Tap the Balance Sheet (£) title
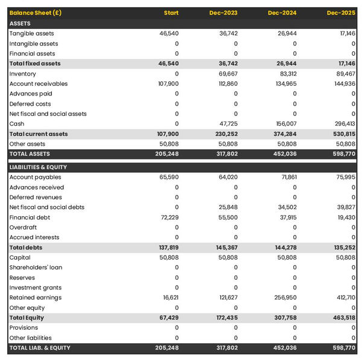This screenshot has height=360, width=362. coord(35,13)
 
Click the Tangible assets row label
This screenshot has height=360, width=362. coord(31,34)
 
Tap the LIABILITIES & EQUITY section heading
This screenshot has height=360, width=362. coord(38,167)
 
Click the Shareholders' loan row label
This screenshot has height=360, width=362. coord(36,268)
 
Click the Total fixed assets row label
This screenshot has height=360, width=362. coord(35,63)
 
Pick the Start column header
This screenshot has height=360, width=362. coord(171,13)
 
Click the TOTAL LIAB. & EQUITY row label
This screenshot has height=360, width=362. coord(40,348)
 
